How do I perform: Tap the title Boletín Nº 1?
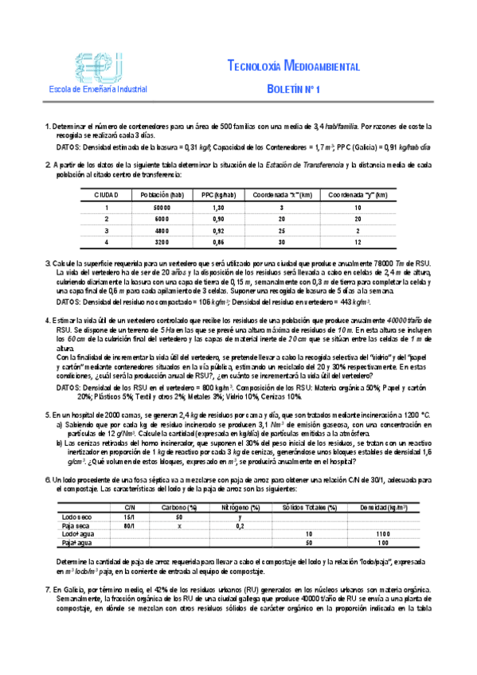[292, 91]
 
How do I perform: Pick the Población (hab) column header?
[162, 194]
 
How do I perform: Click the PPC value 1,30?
[209, 206]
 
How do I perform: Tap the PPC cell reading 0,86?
[209, 240]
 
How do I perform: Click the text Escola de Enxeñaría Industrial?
[92, 90]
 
